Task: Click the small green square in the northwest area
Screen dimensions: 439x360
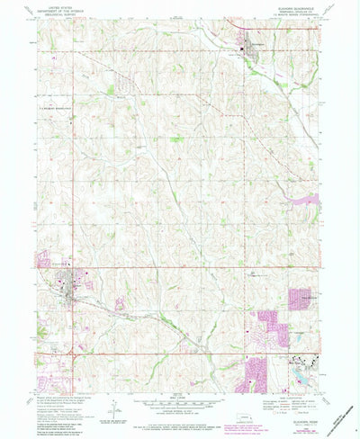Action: point(110,90)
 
